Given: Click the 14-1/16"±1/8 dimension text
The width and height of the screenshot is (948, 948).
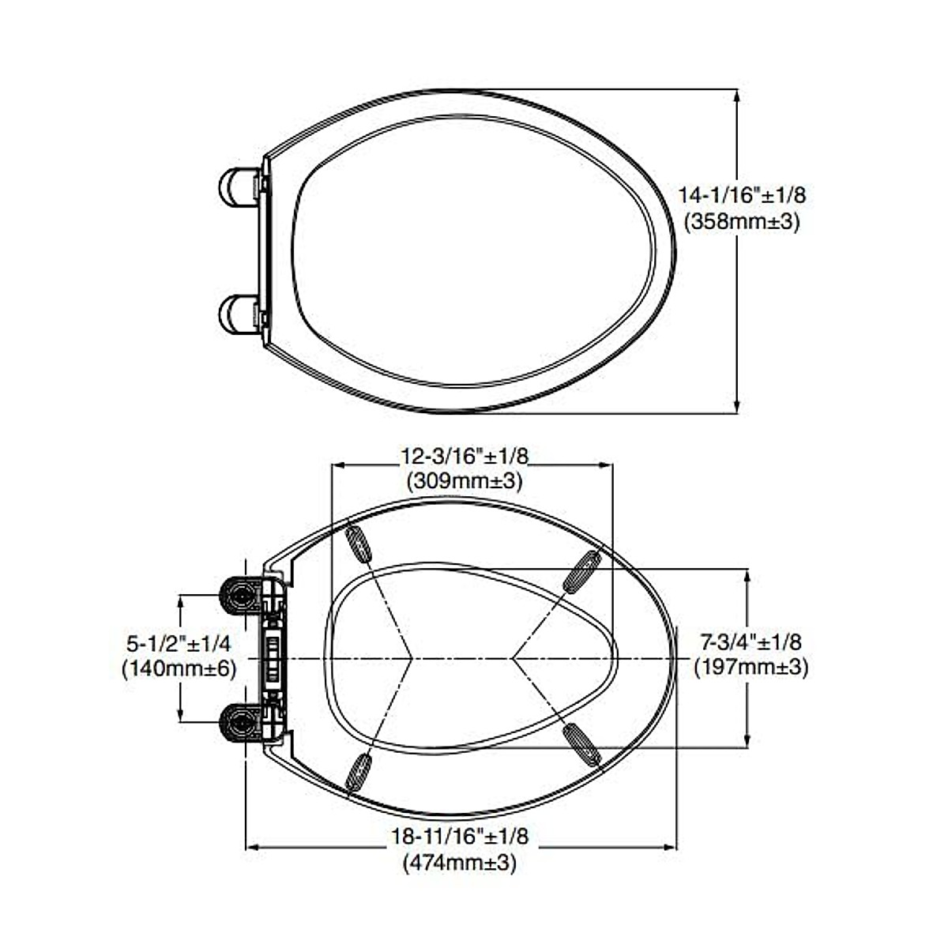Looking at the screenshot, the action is (743, 195).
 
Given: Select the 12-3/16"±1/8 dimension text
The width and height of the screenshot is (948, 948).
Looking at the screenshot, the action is (465, 456).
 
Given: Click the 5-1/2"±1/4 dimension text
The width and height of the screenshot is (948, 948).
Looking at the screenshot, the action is (180, 644).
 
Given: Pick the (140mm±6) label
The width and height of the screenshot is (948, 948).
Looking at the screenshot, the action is (179, 669).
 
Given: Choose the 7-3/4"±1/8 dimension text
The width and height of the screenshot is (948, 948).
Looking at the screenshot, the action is (751, 642).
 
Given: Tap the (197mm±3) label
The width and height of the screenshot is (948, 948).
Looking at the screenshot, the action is (751, 668).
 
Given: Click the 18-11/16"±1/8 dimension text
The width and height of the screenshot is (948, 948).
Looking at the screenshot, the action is (460, 837).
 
